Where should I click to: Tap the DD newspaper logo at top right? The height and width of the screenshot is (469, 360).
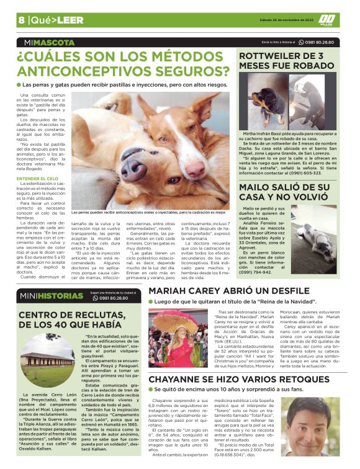point(326,20)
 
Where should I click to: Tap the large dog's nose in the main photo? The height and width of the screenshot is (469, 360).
point(132,169)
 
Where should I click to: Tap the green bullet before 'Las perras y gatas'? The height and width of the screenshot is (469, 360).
point(19,84)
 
